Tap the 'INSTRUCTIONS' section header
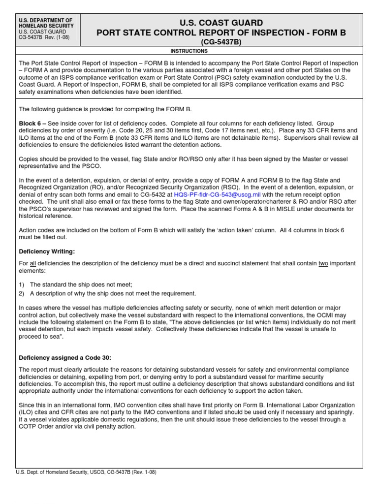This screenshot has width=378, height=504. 189,51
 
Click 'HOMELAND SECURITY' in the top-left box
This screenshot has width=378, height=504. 46,26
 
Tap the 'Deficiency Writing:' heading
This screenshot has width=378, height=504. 47,252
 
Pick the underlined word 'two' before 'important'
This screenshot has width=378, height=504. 324,264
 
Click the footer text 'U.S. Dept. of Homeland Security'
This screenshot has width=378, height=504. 56,472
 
